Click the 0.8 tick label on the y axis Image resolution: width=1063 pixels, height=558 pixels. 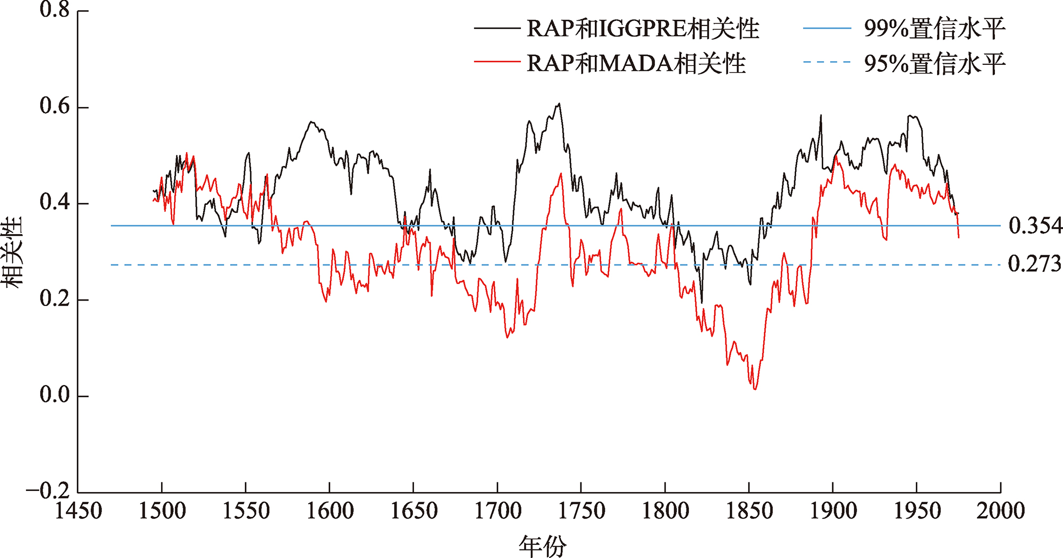55,10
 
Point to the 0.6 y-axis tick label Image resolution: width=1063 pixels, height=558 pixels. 55,106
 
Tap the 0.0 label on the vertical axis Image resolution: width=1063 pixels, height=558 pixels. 55,395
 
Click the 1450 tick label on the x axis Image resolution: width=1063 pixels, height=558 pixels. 78,511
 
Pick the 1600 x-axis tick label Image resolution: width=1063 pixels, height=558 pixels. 330,511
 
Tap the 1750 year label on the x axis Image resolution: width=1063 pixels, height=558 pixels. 581,511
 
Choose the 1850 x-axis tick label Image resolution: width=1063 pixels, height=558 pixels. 749,511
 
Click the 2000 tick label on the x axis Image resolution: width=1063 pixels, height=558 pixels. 1000,511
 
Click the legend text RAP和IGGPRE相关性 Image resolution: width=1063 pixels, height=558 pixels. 643,29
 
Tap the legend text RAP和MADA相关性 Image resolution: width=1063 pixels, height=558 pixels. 636,63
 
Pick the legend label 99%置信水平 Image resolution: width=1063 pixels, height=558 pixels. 934,29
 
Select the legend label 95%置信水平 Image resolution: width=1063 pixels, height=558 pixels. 934,63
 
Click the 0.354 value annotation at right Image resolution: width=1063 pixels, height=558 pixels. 1035,226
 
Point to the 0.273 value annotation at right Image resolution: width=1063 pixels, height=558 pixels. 1034,264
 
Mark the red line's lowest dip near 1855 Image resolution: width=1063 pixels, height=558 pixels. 755,389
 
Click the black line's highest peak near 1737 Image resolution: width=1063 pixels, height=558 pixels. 559,104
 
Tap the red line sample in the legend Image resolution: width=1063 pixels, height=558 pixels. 497,62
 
